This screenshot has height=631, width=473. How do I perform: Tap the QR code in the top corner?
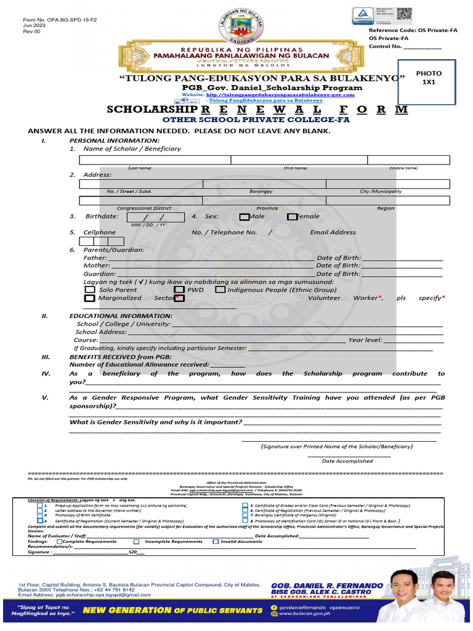(404, 14)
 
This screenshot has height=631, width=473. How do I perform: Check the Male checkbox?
(245, 217)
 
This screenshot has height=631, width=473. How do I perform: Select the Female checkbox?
(291, 217)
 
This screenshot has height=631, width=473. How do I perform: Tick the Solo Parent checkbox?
(89, 290)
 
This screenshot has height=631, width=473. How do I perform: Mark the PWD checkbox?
(179, 290)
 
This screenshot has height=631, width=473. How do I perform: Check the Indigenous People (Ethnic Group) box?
(220, 290)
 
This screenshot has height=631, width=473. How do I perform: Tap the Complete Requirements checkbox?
(59, 542)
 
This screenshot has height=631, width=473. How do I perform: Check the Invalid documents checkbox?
(216, 542)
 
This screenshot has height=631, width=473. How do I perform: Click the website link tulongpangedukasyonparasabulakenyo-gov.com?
(280, 95)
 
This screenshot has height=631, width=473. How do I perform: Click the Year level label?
(365, 340)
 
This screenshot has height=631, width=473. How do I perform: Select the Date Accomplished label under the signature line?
(347, 461)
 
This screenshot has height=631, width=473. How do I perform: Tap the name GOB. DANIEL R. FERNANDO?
(327, 585)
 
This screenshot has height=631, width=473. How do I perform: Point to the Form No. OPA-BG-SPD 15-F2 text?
(51, 20)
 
